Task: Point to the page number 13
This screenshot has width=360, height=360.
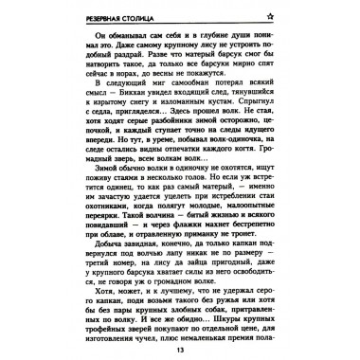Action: click(180, 350)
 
